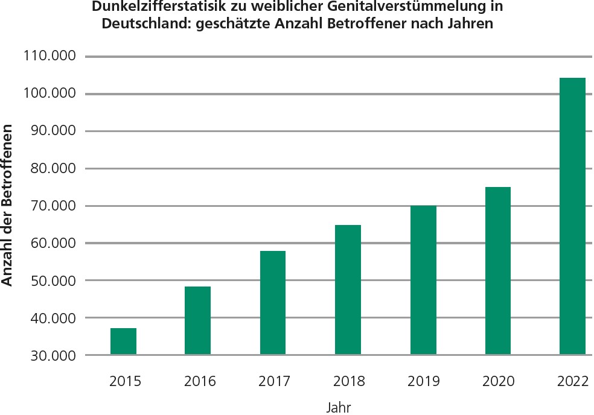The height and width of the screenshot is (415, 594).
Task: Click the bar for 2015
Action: pos(123,341)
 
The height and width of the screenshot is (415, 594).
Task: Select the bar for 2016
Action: pos(197,320)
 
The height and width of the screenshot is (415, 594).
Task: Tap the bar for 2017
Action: pos(272,303)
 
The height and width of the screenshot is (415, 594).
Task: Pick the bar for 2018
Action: pos(348,290)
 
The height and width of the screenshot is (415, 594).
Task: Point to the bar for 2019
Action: pos(423,280)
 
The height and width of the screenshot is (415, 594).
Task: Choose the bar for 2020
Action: pos(497,271)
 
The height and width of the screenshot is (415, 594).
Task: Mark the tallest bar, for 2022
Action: pos(572,216)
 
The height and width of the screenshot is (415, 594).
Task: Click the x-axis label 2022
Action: pos(573,381)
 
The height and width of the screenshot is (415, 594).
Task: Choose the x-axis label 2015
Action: pos(125,381)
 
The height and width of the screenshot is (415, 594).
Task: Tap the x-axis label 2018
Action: pos(349,381)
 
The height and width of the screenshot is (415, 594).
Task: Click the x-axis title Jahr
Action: pos(339,407)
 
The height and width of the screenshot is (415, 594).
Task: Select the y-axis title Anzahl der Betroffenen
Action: pos(8,206)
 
